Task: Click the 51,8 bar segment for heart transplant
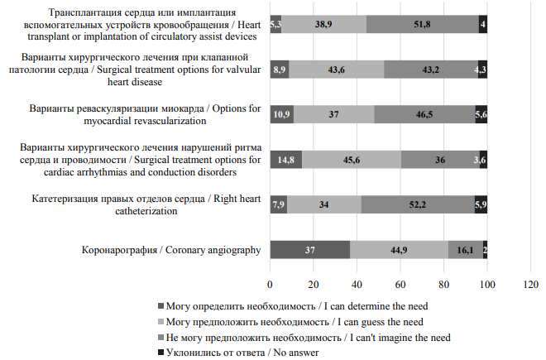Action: [423, 24]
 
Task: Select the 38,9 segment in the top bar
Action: [323, 24]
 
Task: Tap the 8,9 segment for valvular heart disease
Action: [280, 70]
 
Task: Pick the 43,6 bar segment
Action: [337, 70]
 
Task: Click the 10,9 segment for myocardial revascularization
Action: [282, 114]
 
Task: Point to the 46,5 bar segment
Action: [425, 114]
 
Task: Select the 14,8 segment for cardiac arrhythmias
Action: [286, 160]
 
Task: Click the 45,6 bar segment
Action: [352, 160]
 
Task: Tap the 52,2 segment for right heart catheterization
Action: [418, 204]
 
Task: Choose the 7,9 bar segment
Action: [279, 204]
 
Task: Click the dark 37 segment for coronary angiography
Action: [310, 250]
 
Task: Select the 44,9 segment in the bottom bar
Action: [399, 250]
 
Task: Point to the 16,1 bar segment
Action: [466, 250]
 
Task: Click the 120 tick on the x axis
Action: [530, 285]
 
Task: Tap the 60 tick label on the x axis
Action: [400, 285]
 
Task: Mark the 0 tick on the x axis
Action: [270, 285]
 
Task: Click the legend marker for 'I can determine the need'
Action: [160, 306]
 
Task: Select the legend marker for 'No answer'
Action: [160, 353]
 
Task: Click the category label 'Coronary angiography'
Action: [213, 250]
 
